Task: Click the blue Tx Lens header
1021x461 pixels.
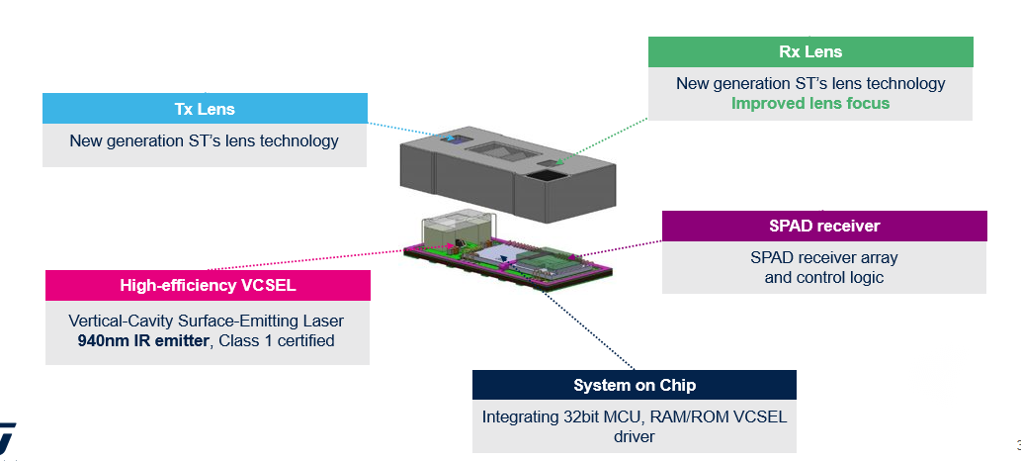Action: click(206, 108)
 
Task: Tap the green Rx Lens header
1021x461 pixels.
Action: click(810, 51)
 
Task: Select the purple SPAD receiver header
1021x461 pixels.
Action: click(824, 226)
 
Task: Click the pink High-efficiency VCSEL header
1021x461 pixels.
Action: click(208, 285)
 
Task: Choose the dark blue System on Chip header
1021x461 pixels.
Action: click(635, 385)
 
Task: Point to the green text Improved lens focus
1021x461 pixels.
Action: click(810, 103)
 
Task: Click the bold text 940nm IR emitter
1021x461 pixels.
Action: click(142, 340)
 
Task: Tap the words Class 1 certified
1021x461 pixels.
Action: click(277, 340)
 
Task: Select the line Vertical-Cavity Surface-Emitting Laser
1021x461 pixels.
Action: click(206, 321)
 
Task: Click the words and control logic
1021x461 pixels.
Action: click(823, 277)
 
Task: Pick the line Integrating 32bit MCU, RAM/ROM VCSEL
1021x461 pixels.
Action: click(635, 416)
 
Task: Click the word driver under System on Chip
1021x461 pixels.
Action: click(635, 436)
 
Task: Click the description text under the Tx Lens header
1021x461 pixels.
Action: click(204, 140)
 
